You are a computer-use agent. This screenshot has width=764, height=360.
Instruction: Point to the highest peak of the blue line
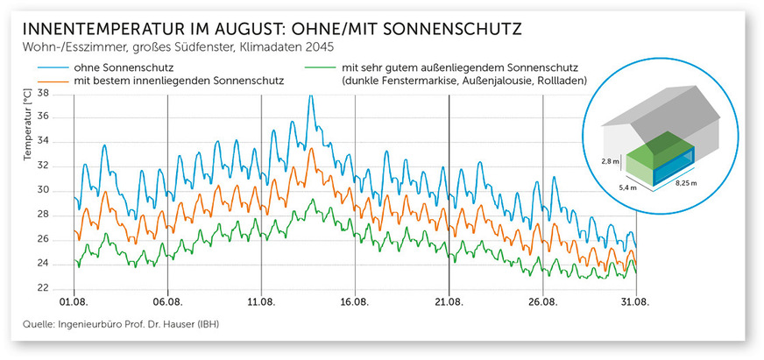click(x=310, y=95)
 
